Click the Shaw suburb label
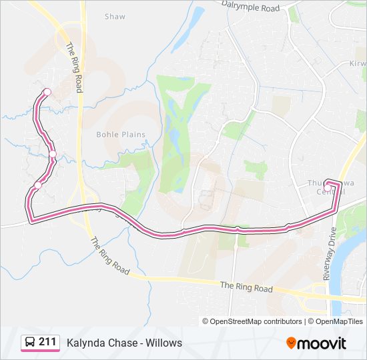(115, 16)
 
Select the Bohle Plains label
(121, 134)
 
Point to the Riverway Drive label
(332, 260)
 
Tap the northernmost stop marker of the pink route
(47, 92)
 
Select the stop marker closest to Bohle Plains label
(53, 155)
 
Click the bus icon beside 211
(30, 343)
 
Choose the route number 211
(47, 343)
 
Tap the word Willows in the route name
(165, 343)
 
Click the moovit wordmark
(322, 343)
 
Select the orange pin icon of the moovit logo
(291, 343)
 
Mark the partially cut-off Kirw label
(358, 63)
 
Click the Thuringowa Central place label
(326, 187)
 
